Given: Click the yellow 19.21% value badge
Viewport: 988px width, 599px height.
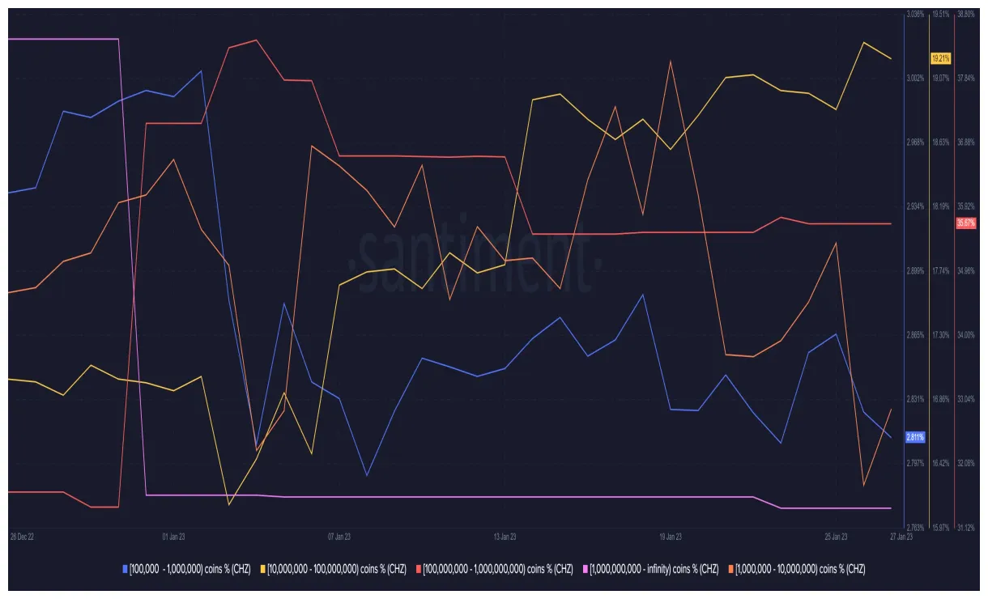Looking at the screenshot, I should tap(940, 58).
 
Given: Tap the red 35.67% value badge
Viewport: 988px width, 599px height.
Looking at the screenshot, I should tap(966, 223).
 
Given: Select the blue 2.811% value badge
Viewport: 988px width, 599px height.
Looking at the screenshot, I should tap(914, 438).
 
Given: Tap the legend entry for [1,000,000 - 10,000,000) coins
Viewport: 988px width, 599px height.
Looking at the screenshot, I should tap(797, 569).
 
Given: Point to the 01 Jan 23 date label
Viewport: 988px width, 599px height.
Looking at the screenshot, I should tap(174, 536).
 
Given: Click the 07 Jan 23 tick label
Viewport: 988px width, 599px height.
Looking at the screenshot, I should tap(339, 536).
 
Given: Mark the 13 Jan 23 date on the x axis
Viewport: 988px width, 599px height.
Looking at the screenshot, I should tap(505, 536).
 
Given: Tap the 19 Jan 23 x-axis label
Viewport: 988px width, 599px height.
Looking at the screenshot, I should tap(671, 536).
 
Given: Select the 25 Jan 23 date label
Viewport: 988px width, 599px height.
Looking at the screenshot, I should tap(836, 536).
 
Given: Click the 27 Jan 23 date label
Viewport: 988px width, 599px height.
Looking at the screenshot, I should tap(901, 536).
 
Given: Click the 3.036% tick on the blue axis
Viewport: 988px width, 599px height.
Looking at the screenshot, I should tap(915, 15).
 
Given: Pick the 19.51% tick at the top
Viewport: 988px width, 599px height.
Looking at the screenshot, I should tap(940, 15).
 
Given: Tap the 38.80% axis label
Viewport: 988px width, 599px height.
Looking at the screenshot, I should tap(966, 15).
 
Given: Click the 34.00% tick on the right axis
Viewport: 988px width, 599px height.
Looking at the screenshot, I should tap(966, 335).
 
